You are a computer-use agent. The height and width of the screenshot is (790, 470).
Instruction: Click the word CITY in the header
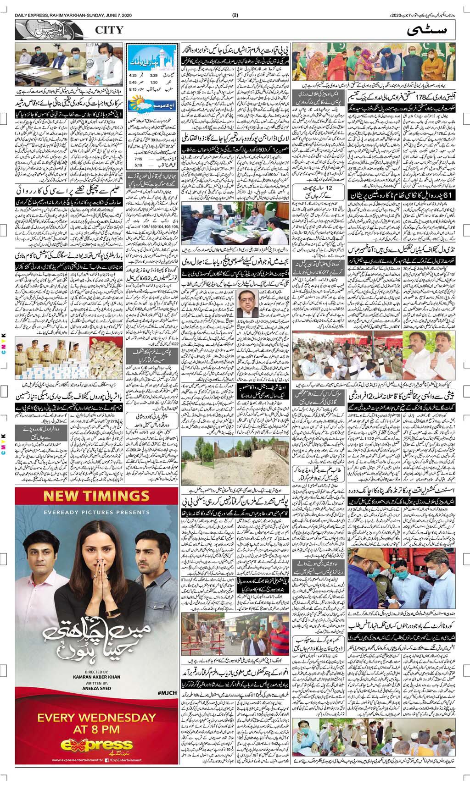(109, 30)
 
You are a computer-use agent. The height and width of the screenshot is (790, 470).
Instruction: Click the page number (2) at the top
(235, 15)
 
